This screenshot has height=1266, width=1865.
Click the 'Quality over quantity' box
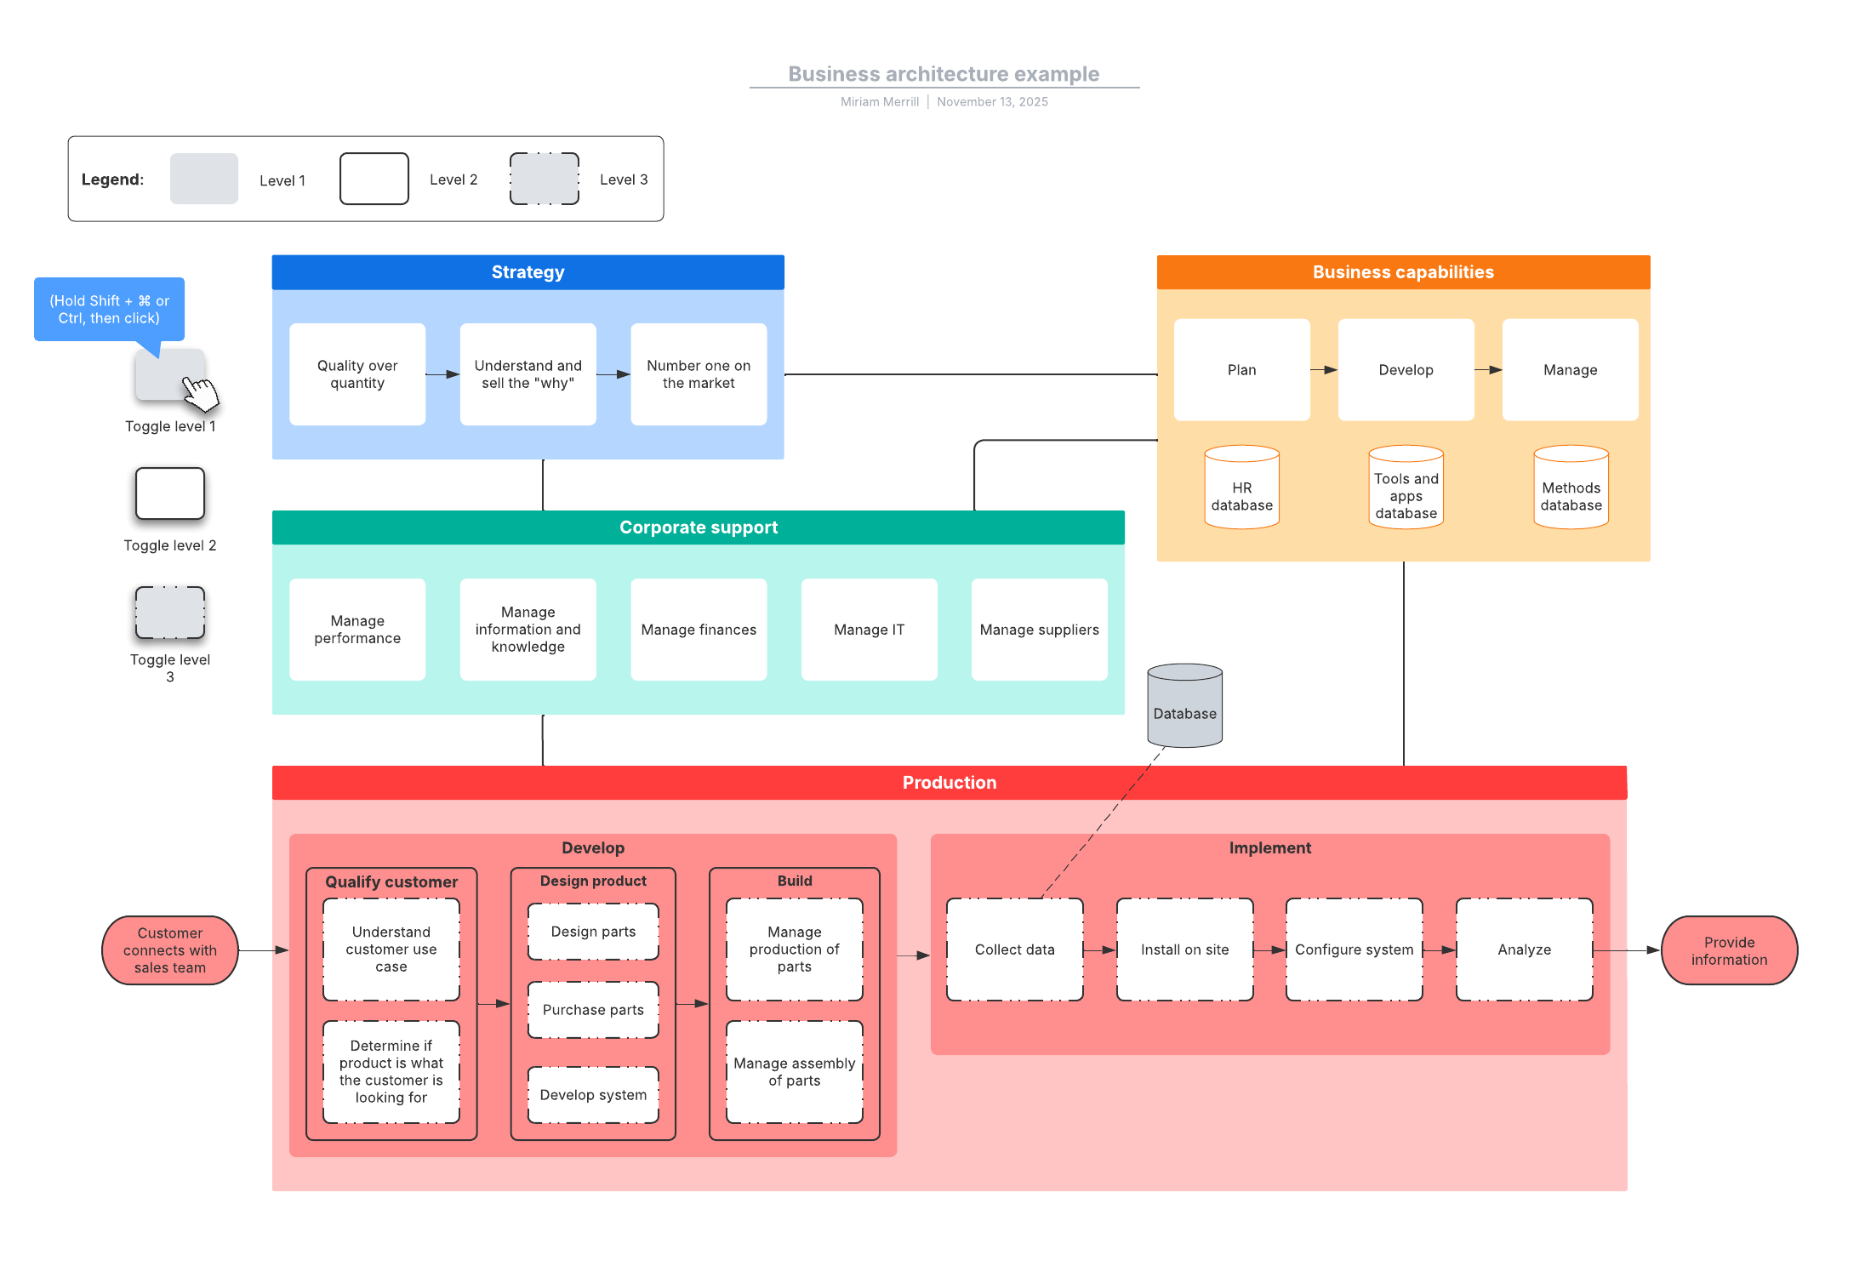click(357, 374)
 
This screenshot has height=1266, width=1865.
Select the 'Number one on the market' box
click(699, 374)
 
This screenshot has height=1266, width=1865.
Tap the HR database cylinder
click(1241, 488)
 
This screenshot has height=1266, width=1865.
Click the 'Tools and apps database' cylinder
click(1406, 488)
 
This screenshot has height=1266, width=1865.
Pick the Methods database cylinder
click(1571, 488)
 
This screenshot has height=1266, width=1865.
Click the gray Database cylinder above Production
click(1184, 706)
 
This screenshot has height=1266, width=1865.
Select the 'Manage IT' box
click(869, 630)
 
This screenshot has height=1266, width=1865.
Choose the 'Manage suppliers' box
click(1039, 630)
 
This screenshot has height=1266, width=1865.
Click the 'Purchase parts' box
click(593, 1010)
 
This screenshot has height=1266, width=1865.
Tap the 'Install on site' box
click(1184, 949)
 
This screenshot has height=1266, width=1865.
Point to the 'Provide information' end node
click(1729, 950)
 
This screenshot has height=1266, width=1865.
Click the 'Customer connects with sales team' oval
click(170, 950)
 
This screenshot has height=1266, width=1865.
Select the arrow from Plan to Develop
click(1323, 370)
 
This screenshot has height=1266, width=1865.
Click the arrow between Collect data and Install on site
click(1099, 949)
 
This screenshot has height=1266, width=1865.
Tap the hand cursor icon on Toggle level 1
click(201, 394)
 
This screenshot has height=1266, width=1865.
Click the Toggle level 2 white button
click(170, 493)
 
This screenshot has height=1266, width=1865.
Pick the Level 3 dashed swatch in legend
click(545, 179)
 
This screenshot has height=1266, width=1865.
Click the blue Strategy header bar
click(528, 272)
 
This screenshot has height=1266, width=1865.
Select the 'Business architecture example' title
click(944, 74)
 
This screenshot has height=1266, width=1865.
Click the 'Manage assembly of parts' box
click(794, 1072)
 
